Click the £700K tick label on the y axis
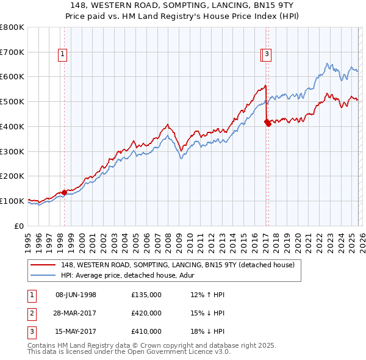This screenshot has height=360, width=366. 12,52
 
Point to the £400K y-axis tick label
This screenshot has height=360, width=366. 12,126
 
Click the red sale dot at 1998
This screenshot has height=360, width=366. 64,192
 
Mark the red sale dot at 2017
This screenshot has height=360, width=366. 267,122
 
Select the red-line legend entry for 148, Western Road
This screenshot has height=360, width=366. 178,265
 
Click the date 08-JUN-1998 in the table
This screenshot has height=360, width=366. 76,295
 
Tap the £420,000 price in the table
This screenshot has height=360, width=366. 146,313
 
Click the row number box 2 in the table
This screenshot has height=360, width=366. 31,313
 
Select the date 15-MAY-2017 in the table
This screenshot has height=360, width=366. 76,331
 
